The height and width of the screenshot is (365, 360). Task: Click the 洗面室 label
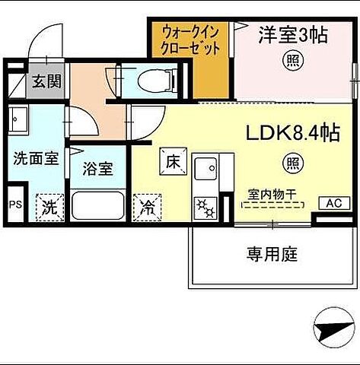(35, 160)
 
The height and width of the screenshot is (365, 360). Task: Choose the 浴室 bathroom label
(97, 169)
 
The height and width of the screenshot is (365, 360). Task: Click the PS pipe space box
(14, 205)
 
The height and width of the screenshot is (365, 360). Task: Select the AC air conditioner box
(333, 203)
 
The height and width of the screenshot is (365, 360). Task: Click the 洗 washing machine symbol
(48, 205)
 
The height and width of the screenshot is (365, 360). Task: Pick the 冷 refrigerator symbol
(146, 205)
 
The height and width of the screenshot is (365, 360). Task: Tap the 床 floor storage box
(171, 161)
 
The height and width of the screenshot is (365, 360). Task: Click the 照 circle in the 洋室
(291, 59)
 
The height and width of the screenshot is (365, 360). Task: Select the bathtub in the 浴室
(97, 205)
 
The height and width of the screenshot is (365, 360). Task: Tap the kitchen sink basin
(205, 167)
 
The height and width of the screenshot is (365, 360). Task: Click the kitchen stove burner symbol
(205, 205)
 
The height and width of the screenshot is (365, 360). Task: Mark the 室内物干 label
(272, 195)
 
